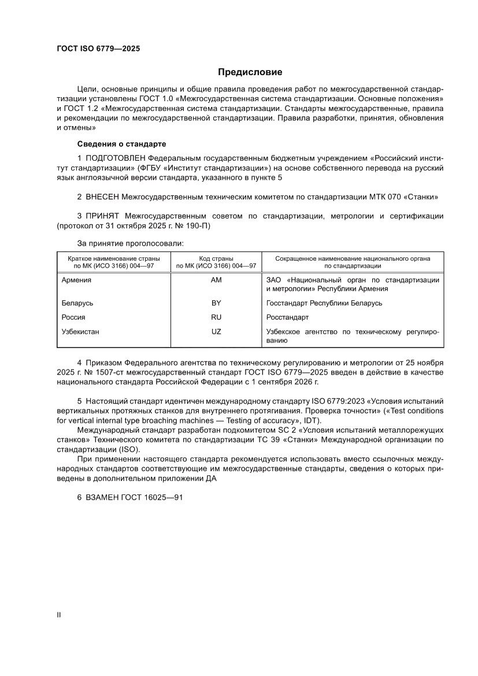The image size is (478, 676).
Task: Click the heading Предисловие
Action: [250, 72]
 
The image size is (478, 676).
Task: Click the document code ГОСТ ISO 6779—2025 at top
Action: [98, 49]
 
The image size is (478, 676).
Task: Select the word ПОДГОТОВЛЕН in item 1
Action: [116, 157]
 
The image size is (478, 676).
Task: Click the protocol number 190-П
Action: [198, 226]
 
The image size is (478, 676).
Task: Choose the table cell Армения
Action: [76, 280]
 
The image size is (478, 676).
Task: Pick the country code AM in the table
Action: [216, 280]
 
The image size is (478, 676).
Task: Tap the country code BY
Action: [216, 303]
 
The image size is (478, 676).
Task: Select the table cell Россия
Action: [73, 317]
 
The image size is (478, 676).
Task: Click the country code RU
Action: [216, 317]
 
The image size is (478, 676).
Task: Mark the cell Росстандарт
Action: [287, 317]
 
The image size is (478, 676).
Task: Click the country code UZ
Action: [216, 332]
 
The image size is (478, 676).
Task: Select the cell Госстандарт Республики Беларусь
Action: [324, 303]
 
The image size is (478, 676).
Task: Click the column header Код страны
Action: [216, 258]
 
